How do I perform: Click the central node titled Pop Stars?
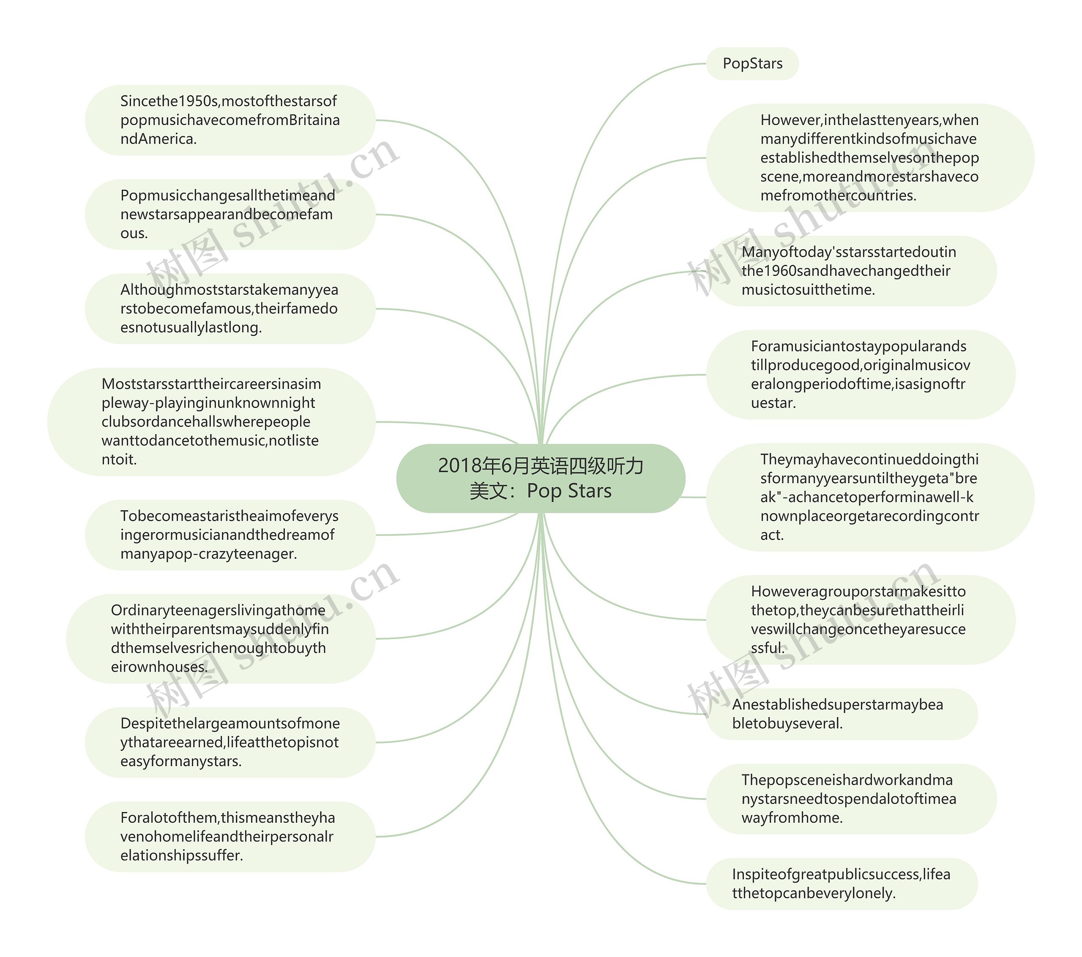click(541, 478)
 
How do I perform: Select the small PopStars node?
click(752, 63)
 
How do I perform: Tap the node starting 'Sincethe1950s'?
click(230, 120)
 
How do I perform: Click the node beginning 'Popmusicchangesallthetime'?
click(230, 214)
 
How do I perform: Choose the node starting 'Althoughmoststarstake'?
click(230, 308)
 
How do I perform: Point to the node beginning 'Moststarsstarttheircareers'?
click(211, 421)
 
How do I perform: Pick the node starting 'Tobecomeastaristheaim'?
click(230, 535)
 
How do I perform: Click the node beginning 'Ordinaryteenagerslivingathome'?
click(220, 639)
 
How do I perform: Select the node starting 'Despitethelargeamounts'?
click(230, 742)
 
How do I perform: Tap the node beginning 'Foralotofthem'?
click(230, 836)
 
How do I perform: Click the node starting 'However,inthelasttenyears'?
click(870, 158)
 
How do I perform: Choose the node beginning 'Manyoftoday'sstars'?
click(851, 271)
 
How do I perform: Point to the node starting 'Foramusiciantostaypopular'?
click(860, 375)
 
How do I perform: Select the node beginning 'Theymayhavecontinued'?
click(870, 497)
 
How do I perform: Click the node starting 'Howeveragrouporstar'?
click(860, 620)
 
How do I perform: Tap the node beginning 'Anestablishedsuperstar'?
click(841, 714)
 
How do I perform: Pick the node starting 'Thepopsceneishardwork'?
click(851, 799)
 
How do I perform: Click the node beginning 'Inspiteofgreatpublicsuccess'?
click(841, 884)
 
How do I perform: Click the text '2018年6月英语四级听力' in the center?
click(541, 466)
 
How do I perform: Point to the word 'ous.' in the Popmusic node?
click(134, 233)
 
